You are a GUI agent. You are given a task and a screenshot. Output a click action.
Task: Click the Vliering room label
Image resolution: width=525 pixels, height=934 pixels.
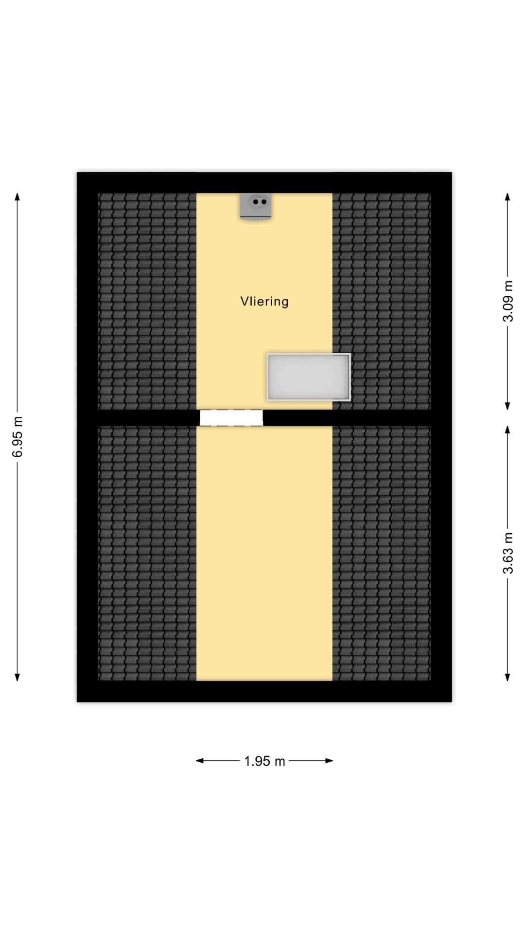264,302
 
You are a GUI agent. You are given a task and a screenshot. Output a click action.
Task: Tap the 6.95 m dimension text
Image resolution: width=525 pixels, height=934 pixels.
17,437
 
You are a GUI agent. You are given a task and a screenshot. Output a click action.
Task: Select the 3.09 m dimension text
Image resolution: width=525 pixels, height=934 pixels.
507,301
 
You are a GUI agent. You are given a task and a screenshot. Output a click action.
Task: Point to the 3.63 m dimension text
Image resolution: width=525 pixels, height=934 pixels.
507,553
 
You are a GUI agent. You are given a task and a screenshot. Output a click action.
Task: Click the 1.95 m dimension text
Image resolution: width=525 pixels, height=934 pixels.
264,761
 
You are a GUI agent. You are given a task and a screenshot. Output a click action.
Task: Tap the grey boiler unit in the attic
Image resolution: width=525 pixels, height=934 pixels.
256,207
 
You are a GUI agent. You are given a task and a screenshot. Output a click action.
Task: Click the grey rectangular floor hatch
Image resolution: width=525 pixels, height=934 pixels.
309,377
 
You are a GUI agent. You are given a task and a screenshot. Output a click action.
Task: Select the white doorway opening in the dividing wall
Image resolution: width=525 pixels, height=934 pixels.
231,418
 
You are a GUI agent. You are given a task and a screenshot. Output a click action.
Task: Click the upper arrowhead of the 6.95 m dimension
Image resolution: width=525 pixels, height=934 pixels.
17,197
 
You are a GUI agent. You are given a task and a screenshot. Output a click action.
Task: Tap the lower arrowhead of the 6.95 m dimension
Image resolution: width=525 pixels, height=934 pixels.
17,677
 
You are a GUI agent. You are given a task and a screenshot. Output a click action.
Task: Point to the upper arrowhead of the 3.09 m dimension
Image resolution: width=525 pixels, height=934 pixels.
507,197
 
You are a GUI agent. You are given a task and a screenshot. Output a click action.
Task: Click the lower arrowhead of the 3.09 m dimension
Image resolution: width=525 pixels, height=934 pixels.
507,406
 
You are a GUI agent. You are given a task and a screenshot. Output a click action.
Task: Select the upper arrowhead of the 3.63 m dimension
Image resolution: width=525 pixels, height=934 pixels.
507,430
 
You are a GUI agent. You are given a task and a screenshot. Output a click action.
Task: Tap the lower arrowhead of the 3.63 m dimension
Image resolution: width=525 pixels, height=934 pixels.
507,677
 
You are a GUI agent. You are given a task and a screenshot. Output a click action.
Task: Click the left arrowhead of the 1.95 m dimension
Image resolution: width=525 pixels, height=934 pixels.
200,760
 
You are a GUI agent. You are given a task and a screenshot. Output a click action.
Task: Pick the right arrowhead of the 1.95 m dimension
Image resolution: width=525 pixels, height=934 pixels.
329,760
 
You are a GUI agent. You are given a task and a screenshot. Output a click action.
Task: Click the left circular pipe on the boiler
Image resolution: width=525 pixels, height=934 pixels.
256,201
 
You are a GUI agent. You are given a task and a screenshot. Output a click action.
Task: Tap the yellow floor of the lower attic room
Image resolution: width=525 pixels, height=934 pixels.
264,553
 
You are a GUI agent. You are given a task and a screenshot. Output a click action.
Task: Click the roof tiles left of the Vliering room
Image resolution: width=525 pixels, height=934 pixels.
147,301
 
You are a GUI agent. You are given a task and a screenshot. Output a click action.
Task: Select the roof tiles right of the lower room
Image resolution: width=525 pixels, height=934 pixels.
382,553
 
